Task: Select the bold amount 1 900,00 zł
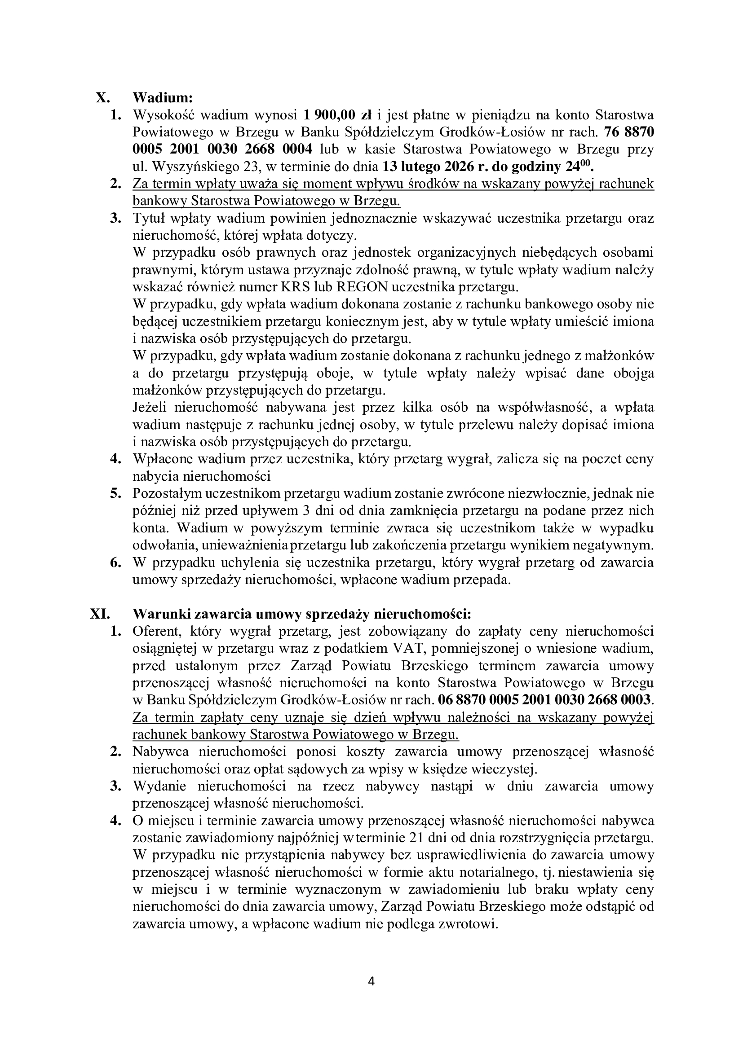[x=338, y=115]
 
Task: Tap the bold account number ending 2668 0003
[x=544, y=700]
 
